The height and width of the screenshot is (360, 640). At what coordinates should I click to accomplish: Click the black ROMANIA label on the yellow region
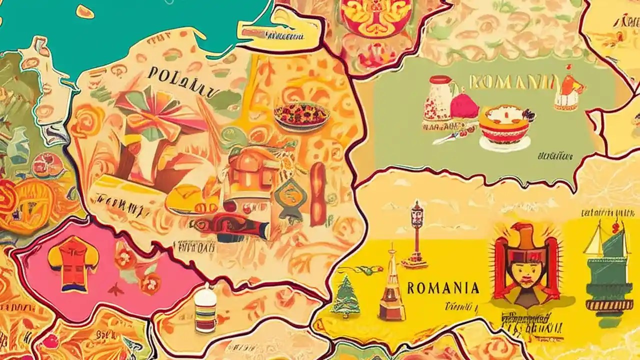(x=443, y=288)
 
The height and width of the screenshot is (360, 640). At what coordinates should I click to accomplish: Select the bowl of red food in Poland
(x=301, y=116)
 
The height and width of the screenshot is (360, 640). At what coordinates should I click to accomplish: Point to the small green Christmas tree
(x=345, y=297)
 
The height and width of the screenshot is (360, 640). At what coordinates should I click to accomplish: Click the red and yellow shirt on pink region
(x=73, y=263)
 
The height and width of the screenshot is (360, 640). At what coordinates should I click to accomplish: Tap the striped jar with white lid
(x=206, y=309)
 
